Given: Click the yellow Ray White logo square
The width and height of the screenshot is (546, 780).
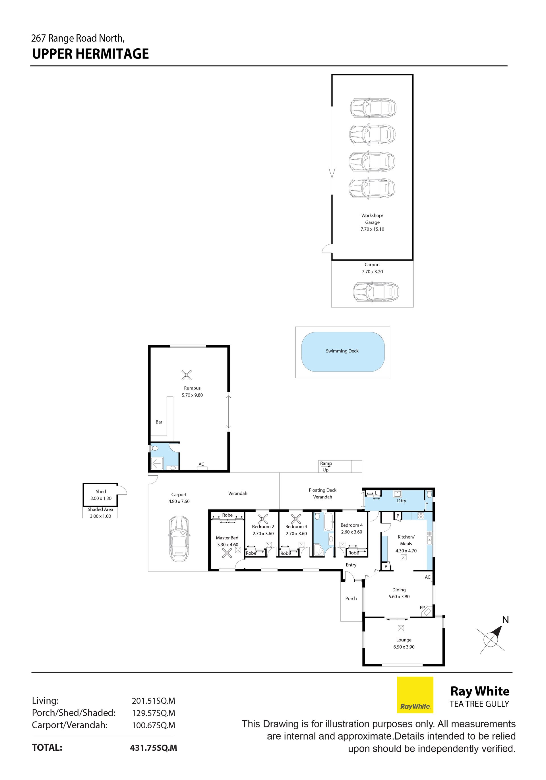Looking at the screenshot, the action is pos(415,695).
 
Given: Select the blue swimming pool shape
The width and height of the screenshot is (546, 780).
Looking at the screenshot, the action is pos(343,352).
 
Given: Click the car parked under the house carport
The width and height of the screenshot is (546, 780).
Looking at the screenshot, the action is pos(179,539).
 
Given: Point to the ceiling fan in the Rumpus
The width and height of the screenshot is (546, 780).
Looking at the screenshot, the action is pos(187,375).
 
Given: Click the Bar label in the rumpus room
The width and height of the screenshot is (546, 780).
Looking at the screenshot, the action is pos(159,422).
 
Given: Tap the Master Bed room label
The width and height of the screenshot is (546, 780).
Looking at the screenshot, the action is pos(227,538).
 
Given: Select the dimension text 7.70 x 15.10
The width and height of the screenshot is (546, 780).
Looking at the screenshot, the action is pos(373,229).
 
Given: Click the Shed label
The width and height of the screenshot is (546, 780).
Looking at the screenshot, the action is pos(101,491).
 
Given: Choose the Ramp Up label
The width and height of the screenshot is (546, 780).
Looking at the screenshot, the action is pos(326,467).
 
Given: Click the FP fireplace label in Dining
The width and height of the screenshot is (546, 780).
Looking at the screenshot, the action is pos(422,607).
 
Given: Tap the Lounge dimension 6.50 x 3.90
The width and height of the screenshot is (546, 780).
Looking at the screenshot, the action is pos(404,647).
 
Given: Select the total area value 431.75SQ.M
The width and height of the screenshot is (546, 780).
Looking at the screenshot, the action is pos(154,748).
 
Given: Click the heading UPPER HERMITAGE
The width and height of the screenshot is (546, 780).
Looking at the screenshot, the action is pos(90,54).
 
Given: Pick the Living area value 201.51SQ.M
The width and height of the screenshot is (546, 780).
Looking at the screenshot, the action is pos(154,701).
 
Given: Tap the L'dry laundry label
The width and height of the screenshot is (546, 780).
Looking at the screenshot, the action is pos(401,500).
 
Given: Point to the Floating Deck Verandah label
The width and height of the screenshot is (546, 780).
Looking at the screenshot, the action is pos(322,493).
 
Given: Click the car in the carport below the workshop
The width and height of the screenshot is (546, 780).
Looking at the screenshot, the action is pos(376,292).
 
